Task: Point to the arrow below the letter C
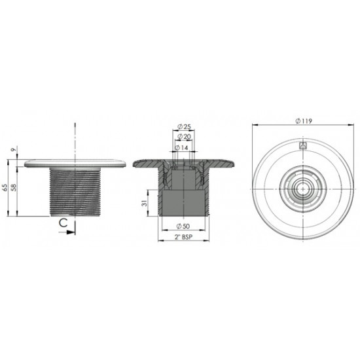70,231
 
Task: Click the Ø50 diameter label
183,226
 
